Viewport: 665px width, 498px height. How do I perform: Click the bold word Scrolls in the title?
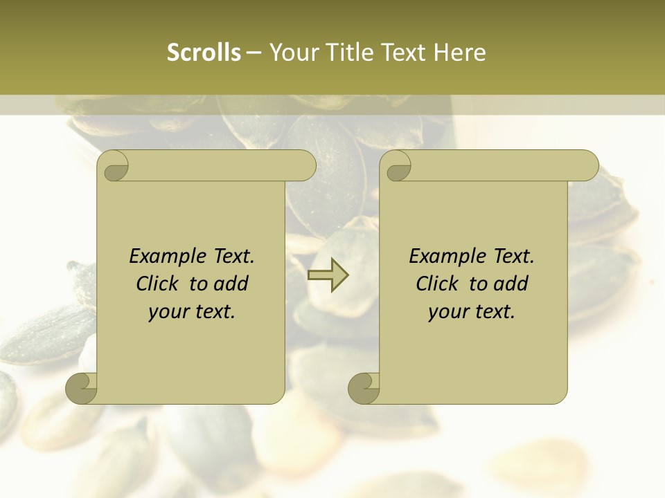204,52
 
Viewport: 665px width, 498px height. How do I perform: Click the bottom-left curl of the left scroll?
81,389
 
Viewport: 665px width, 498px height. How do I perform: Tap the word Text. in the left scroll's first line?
231,256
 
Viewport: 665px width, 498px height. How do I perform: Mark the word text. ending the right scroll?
494,312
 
